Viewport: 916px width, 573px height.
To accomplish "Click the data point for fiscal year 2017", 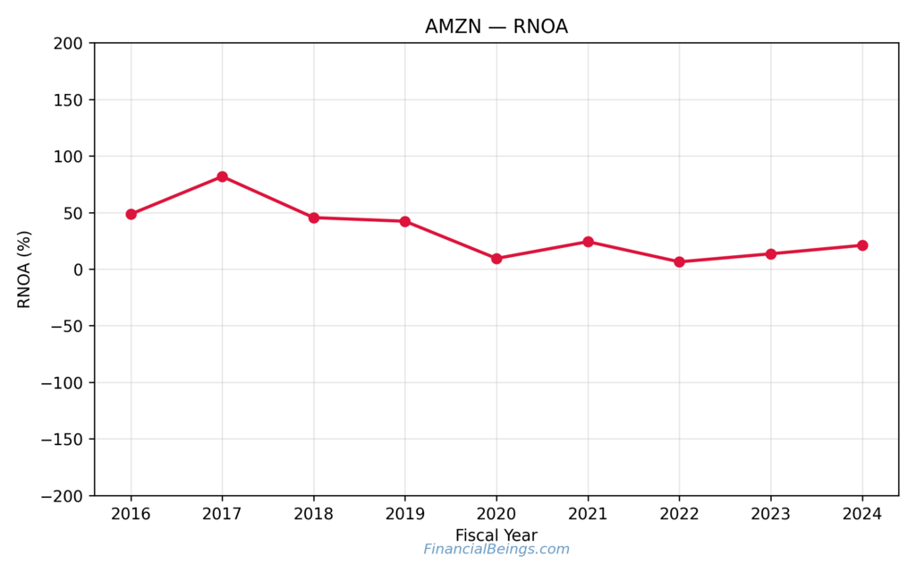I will click(222, 176).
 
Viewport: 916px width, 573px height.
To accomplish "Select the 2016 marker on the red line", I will click(131, 214).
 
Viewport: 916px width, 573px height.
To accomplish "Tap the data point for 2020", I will click(496, 259).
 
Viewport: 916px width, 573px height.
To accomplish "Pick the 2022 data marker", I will click(679, 261).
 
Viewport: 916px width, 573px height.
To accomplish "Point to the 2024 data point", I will click(862, 245).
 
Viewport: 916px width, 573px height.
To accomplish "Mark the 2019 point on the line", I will click(405, 221).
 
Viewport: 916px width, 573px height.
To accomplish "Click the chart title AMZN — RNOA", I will click(496, 27).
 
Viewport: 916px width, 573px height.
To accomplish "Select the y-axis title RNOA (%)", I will click(24, 269).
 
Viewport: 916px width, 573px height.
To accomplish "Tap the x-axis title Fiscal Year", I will click(496, 535).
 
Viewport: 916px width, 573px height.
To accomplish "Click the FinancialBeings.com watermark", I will click(496, 550).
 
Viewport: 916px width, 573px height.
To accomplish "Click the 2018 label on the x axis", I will click(314, 514).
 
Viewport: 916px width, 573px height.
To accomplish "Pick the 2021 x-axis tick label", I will click(588, 514).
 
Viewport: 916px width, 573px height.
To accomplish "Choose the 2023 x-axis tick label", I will click(770, 514).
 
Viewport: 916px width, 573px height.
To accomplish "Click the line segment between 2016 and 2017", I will click(176, 195).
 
